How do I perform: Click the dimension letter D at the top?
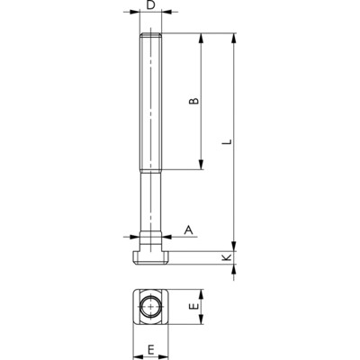point(152,6)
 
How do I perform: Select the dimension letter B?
point(192,102)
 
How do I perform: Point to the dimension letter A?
point(188,230)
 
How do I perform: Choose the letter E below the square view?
point(151,348)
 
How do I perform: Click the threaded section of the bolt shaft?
point(152,99)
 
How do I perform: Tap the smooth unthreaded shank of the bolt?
point(152,202)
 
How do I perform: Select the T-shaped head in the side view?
point(152,255)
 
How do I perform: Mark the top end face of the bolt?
point(152,34)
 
